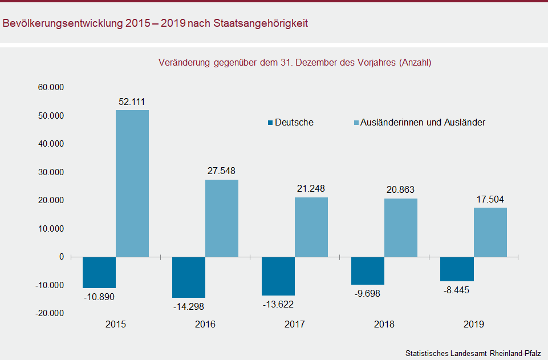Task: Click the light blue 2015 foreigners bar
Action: click(132, 183)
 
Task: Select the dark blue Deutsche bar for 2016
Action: click(189, 277)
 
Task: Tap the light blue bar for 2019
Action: click(490, 232)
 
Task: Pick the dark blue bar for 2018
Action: click(368, 270)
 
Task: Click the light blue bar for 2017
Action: click(311, 227)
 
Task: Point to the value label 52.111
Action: click(132, 102)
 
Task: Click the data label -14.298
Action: click(189, 306)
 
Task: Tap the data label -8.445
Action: click(457, 290)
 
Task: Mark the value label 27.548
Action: click(221, 171)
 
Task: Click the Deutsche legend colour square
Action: click(270, 123)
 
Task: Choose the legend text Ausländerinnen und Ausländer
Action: click(423, 122)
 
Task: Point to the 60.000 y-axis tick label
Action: click(51, 87)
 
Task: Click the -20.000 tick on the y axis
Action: click(50, 313)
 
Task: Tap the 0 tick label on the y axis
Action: click(62, 257)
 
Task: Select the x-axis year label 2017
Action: click(295, 325)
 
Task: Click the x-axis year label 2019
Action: click(473, 325)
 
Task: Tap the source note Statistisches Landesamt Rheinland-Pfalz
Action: click(473, 353)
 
